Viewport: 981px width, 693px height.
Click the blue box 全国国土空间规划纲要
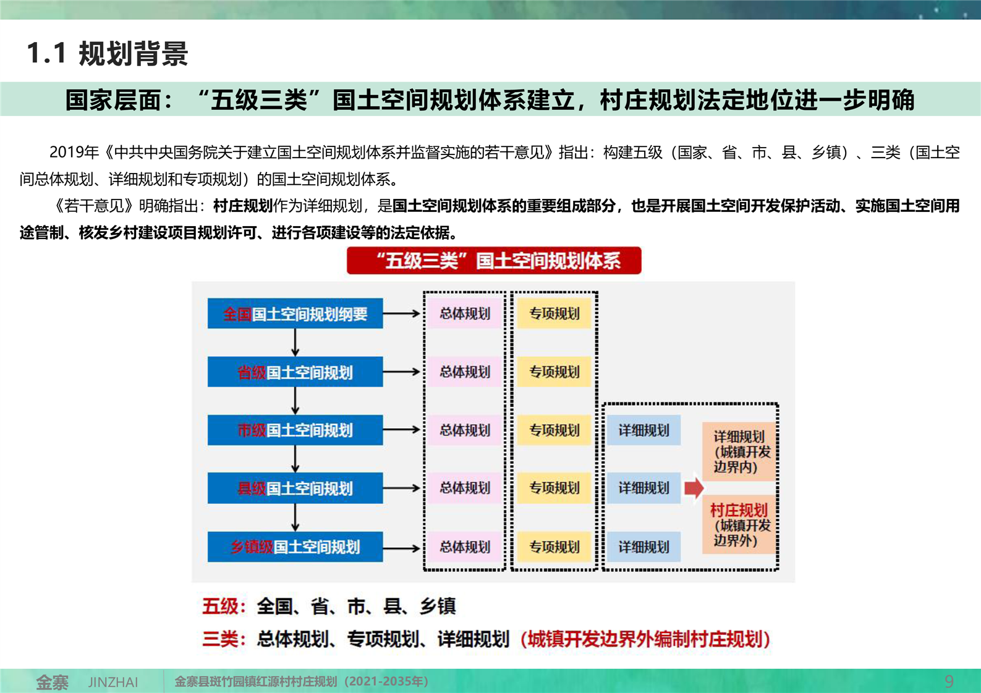click(295, 313)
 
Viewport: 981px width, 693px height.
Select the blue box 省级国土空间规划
click(295, 372)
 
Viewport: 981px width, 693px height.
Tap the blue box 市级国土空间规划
click(295, 430)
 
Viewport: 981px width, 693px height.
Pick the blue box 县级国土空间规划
click(295, 488)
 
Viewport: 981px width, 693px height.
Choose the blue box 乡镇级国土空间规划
click(295, 547)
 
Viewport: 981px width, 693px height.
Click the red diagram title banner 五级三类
click(494, 261)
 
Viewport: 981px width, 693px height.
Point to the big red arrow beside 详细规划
click(694, 488)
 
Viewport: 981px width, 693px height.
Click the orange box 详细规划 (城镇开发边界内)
click(739, 451)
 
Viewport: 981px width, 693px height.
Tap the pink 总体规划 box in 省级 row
click(465, 372)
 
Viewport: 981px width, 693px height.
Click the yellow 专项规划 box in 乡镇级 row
click(554, 547)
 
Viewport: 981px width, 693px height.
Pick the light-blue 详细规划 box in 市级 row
click(643, 430)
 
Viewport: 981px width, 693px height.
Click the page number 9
click(949, 681)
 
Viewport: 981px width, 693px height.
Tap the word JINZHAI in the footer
click(113, 682)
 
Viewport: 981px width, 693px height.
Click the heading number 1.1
click(46, 53)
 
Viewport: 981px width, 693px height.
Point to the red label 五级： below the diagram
click(224, 607)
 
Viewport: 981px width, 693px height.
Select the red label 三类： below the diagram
click(224, 639)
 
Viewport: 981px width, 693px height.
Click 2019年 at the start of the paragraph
click(74, 152)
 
